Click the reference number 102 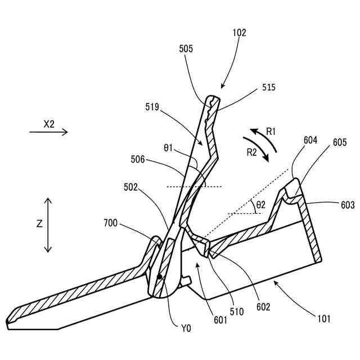[x=239, y=33]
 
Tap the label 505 [x=187, y=49]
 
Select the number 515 [x=269, y=88]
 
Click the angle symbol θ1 [x=169, y=148]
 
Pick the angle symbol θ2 [x=260, y=206]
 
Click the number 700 [x=110, y=223]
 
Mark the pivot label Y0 [x=185, y=328]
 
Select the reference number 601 [x=220, y=321]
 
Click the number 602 [x=263, y=307]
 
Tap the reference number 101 [x=323, y=319]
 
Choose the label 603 [x=348, y=206]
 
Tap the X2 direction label [x=49, y=125]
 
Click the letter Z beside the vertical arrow [x=39, y=224]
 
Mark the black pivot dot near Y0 [x=160, y=276]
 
